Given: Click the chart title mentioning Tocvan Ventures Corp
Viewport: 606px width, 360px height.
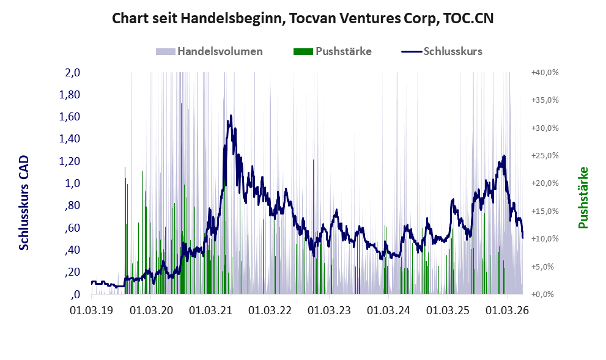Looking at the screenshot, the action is click(303, 18).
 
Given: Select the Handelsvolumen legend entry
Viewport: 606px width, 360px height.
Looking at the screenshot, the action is click(209, 51).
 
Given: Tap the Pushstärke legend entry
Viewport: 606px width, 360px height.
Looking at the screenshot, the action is click(333, 51).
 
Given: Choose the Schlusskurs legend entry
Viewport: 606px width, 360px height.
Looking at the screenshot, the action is click(442, 51).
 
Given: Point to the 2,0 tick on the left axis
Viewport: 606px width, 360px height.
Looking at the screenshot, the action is click(72, 72).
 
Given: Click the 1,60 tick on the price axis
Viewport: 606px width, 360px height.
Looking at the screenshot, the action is click(69, 117).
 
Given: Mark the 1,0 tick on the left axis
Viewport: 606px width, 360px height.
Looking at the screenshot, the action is click(72, 183).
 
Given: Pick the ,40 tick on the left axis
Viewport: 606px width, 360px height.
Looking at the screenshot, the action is click(72, 249).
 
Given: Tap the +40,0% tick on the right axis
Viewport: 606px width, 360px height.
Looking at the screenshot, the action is click(545, 72).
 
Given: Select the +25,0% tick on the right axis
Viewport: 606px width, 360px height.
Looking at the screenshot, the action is click(545, 155).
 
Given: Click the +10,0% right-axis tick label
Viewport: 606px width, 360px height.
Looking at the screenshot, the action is click(545, 238).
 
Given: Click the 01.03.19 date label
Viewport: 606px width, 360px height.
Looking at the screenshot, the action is click(92, 310).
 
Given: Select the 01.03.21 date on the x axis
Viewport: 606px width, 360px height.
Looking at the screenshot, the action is click(210, 310).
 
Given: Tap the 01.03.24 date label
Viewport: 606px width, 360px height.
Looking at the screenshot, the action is click(388, 310).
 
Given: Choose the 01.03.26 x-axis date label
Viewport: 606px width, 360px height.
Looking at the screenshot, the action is click(507, 310).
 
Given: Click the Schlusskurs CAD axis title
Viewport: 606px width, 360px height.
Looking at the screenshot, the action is click(24, 203).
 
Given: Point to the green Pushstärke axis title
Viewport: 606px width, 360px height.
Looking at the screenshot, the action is click(583, 197).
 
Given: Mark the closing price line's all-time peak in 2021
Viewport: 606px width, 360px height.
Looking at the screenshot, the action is click(231, 115).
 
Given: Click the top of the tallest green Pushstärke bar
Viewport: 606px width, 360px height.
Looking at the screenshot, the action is click(181, 103).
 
